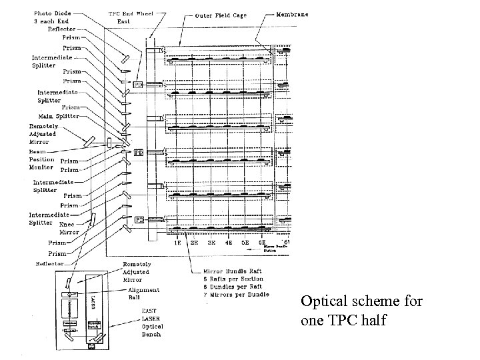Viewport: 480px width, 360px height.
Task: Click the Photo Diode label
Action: click(x=53, y=13)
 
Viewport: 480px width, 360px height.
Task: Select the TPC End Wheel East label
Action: click(x=128, y=17)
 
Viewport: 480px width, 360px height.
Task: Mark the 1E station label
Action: click(x=177, y=243)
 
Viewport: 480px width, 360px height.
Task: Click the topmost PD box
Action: click(x=137, y=85)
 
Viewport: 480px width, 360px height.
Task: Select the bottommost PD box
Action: click(x=140, y=219)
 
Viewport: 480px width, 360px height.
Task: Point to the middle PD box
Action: click(x=139, y=153)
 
